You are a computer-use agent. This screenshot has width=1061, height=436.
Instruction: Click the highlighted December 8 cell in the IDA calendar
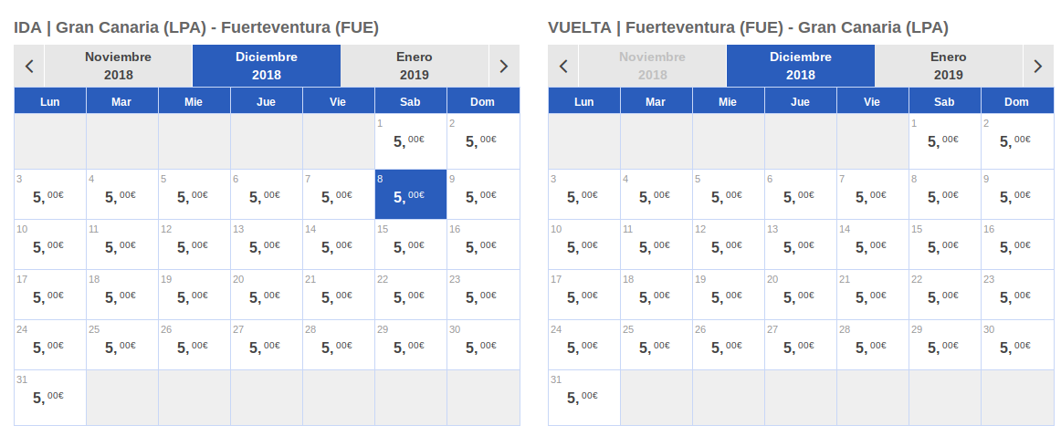tap(411, 194)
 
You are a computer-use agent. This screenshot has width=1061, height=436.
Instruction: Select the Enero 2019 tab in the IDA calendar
tap(415, 66)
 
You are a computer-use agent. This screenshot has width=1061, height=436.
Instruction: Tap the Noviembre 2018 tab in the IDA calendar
tap(119, 66)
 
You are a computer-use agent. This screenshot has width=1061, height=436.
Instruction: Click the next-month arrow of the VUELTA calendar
tap(1038, 66)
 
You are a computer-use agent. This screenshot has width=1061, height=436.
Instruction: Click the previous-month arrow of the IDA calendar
tap(29, 66)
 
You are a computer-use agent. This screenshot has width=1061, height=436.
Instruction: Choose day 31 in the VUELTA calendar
tap(584, 398)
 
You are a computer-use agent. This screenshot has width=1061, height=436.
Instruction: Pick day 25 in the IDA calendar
tap(122, 345)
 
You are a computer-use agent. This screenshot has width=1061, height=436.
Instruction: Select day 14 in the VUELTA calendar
tap(873, 244)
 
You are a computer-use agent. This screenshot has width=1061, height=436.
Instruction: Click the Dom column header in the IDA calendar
tap(482, 101)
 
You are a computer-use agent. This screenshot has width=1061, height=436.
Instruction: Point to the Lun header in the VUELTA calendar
tap(584, 101)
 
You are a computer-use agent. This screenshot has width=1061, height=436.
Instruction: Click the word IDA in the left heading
tap(27, 27)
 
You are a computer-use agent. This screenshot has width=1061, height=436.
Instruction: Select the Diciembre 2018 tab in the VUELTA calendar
tap(801, 66)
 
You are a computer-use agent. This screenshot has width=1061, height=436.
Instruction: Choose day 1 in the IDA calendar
tap(411, 141)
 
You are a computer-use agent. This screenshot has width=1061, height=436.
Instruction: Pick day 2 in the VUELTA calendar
tap(1017, 141)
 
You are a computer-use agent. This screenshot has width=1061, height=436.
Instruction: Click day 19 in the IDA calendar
tap(194, 295)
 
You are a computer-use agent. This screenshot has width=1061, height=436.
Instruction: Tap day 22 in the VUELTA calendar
tap(945, 295)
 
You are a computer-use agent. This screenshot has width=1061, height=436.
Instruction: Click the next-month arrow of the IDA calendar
tap(504, 66)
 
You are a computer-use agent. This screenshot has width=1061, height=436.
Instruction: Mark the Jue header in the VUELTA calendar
tap(801, 101)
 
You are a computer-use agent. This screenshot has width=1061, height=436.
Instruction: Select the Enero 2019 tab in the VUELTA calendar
tap(949, 66)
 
